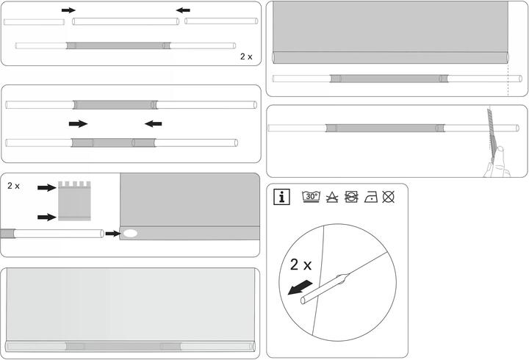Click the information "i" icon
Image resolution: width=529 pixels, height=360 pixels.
click(281, 197)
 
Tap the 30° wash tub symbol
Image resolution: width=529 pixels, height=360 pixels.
click(311, 196)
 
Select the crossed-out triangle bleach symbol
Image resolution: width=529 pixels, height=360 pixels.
click(332, 197)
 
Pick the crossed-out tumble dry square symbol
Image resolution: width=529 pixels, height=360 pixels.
click(351, 197)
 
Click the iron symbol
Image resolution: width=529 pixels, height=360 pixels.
click(371, 197)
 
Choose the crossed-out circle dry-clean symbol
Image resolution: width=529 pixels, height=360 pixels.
click(389, 197)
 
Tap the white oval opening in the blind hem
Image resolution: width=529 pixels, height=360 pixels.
click(130, 233)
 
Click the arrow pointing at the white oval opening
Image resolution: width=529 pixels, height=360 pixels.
click(113, 234)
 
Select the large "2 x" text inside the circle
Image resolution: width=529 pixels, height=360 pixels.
click(301, 264)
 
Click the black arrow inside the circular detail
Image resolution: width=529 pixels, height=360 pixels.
click(300, 287)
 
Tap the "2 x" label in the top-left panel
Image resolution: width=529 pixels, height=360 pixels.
click(246, 57)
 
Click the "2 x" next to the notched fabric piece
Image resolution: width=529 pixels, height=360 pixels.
click(13, 186)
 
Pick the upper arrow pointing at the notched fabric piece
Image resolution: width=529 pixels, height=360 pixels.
click(47, 187)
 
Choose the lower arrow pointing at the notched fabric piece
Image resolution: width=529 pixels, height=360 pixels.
click(47, 217)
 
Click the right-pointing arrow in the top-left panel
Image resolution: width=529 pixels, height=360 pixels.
click(68, 10)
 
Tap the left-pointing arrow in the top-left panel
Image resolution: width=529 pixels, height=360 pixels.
click(183, 10)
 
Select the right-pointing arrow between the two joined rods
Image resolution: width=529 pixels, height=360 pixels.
click(79, 124)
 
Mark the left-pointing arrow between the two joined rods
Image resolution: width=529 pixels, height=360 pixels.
click(153, 124)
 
